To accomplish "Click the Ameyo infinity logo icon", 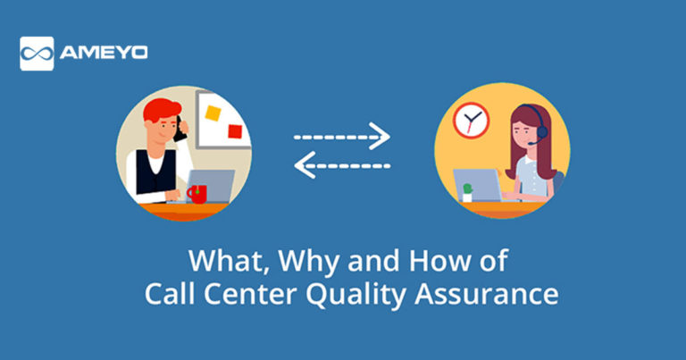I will click(x=37, y=53).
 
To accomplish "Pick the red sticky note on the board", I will click(x=235, y=131).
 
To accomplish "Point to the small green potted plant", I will click(x=466, y=191).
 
